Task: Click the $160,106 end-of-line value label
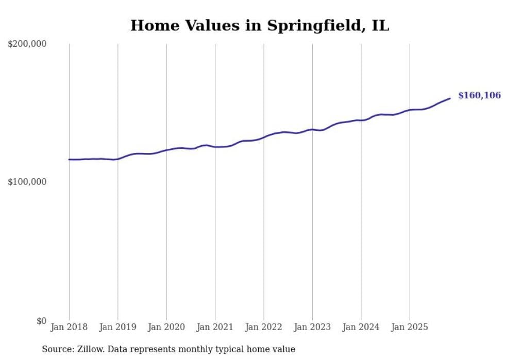point(479,95)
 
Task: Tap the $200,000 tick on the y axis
point(27,44)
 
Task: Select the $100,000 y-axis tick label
point(27,182)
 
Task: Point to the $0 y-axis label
point(41,321)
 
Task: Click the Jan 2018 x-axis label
point(69,327)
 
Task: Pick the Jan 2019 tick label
point(118,327)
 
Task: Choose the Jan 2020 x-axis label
point(166,327)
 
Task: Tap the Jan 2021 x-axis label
point(215,327)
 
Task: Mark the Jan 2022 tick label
point(264,327)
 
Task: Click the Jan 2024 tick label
point(361,327)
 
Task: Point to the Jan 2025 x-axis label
point(410,327)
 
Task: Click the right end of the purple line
point(450,98)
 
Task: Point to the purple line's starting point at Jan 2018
point(69,160)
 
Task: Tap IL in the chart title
point(380,25)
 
